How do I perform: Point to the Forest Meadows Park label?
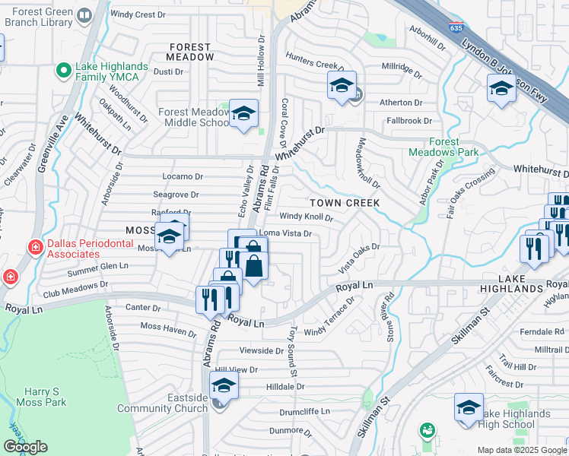click(443, 147)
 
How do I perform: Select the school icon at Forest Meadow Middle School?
click(243, 114)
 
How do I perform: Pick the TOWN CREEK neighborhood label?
click(345, 204)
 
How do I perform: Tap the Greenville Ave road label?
click(59, 141)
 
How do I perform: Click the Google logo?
click(26, 447)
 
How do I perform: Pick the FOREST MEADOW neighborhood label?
click(191, 52)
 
